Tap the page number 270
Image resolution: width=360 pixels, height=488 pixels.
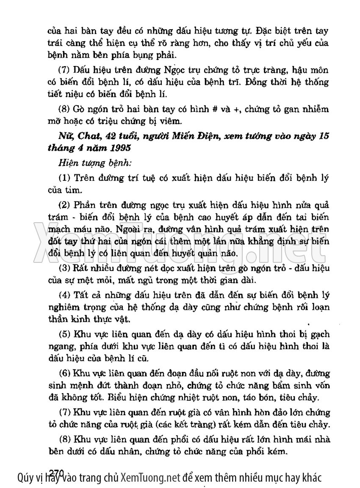(57, 472)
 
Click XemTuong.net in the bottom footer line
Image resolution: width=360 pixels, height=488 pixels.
(150, 478)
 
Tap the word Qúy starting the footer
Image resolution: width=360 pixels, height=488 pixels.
(25, 478)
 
